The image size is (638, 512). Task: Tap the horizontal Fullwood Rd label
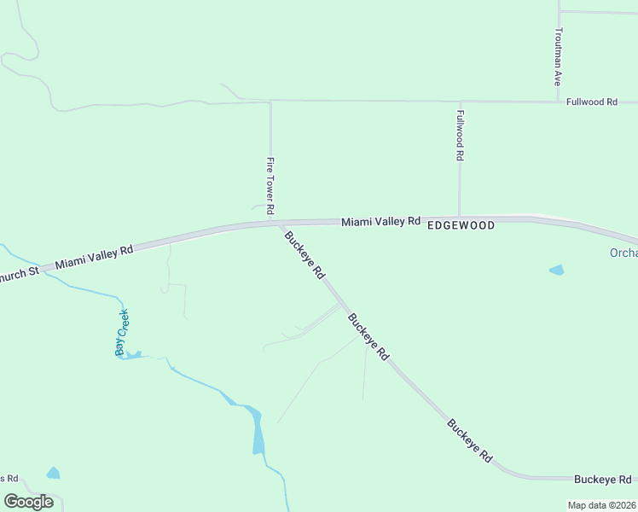pyautogui.click(x=591, y=102)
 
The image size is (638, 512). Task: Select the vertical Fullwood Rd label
pyautogui.click(x=460, y=136)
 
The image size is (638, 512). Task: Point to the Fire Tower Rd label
pyautogui.click(x=270, y=185)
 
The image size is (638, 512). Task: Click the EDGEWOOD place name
pyautogui.click(x=461, y=225)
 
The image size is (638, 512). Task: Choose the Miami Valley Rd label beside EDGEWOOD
pyautogui.click(x=381, y=221)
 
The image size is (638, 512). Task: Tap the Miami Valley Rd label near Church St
pyautogui.click(x=94, y=257)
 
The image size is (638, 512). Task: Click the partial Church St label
pyautogui.click(x=19, y=274)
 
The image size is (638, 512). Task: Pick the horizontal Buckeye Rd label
pyautogui.click(x=602, y=479)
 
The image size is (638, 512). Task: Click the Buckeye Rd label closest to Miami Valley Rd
pyautogui.click(x=304, y=256)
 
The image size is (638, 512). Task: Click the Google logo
pyautogui.click(x=28, y=502)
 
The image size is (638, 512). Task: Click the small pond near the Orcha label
pyautogui.click(x=557, y=270)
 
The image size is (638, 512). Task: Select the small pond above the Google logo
pyautogui.click(x=54, y=473)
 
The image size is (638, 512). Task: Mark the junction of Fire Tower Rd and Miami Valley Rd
pyautogui.click(x=271, y=223)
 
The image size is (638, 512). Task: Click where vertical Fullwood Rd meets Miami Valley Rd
pyautogui.click(x=460, y=218)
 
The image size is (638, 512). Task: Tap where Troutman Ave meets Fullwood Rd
pyautogui.click(x=558, y=102)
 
